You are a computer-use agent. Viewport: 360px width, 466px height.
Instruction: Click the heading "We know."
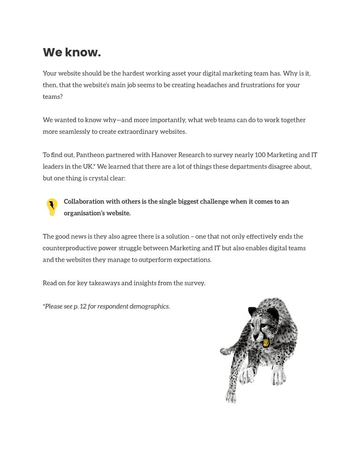pyautogui.click(x=72, y=53)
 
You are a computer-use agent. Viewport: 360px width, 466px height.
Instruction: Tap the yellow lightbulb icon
pyautogui.click(x=52, y=207)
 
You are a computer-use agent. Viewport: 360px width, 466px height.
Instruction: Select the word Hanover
pyautogui.click(x=165, y=155)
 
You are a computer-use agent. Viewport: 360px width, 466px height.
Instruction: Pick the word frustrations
pyautogui.click(x=258, y=85)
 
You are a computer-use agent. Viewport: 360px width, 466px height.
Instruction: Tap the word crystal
pyautogui.click(x=94, y=178)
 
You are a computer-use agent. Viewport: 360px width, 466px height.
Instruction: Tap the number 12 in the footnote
pyautogui.click(x=83, y=306)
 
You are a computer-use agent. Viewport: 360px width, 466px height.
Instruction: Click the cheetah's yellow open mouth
pyautogui.click(x=266, y=342)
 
